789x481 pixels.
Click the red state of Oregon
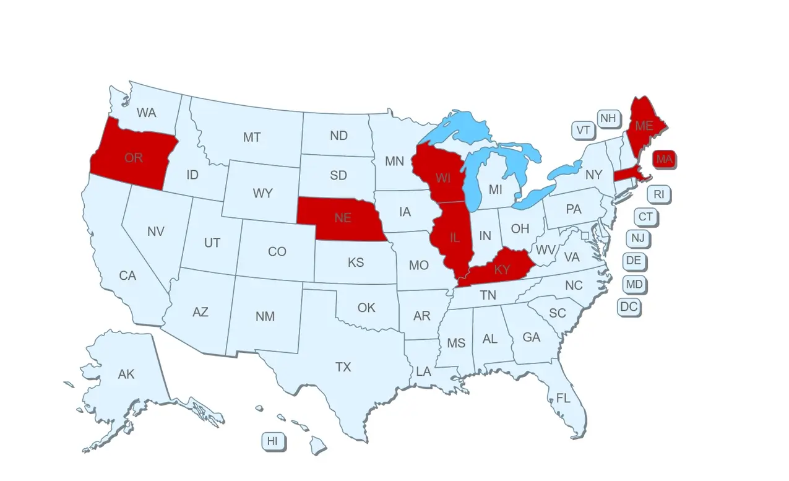click(133, 158)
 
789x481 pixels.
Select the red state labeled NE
click(342, 218)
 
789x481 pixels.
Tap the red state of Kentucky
click(502, 269)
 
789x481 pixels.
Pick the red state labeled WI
click(442, 178)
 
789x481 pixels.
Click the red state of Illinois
click(454, 237)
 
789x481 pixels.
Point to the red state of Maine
click(644, 126)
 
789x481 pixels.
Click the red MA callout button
click(664, 159)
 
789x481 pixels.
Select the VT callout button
click(583, 130)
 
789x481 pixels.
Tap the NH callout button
click(608, 118)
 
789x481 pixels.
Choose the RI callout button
click(659, 194)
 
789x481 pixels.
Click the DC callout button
click(629, 306)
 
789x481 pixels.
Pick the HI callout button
click(272, 441)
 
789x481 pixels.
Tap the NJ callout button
click(637, 238)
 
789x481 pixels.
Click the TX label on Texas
click(343, 367)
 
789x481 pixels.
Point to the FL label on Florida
click(563, 398)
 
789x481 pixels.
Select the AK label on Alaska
click(126, 374)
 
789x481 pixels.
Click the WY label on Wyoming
click(262, 193)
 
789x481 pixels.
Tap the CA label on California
click(127, 275)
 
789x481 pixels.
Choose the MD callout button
click(634, 285)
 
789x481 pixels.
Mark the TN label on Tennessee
click(488, 296)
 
